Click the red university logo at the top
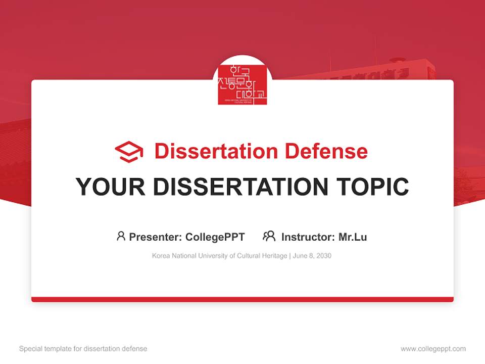[243, 84]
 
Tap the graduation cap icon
[129, 152]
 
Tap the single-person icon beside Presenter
[121, 236]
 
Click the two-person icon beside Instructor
[269, 236]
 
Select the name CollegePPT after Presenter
[215, 237]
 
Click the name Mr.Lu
[353, 237]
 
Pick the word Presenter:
[156, 237]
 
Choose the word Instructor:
[308, 237]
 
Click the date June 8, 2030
[312, 256]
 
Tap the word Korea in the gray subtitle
[161, 256]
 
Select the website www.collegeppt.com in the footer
[433, 349]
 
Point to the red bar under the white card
[243, 299]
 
